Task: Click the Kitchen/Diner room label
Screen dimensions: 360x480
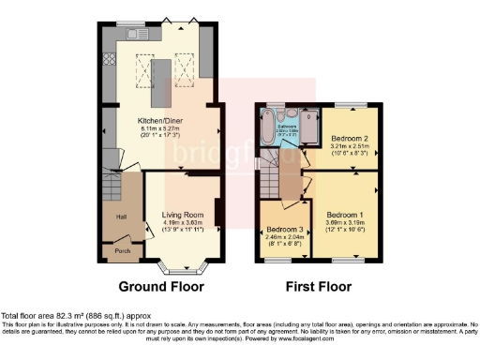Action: [161, 122]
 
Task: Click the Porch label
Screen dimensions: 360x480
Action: [122, 251]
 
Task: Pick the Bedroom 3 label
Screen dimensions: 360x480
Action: [284, 230]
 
